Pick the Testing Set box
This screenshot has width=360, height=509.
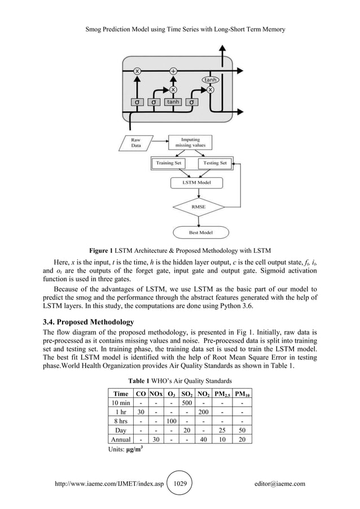tap(214, 163)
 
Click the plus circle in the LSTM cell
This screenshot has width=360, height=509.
tap(173, 71)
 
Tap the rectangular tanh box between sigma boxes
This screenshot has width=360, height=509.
tap(173, 102)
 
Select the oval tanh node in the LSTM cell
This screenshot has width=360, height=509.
tap(210, 80)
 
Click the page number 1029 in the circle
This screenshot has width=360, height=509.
tap(181, 484)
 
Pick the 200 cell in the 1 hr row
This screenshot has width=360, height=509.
tap(203, 413)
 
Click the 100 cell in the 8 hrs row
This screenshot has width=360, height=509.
tap(170, 422)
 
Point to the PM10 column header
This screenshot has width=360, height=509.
tap(244, 393)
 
